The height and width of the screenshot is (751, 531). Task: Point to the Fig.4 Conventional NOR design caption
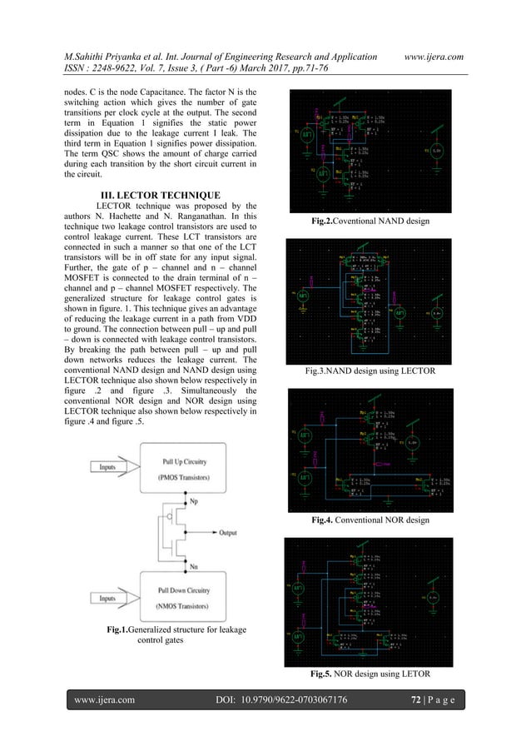coord(369,520)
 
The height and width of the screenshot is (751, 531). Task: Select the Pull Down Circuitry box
coord(196,597)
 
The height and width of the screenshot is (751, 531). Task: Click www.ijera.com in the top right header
coord(434,32)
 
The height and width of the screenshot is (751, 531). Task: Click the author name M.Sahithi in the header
coord(92,32)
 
